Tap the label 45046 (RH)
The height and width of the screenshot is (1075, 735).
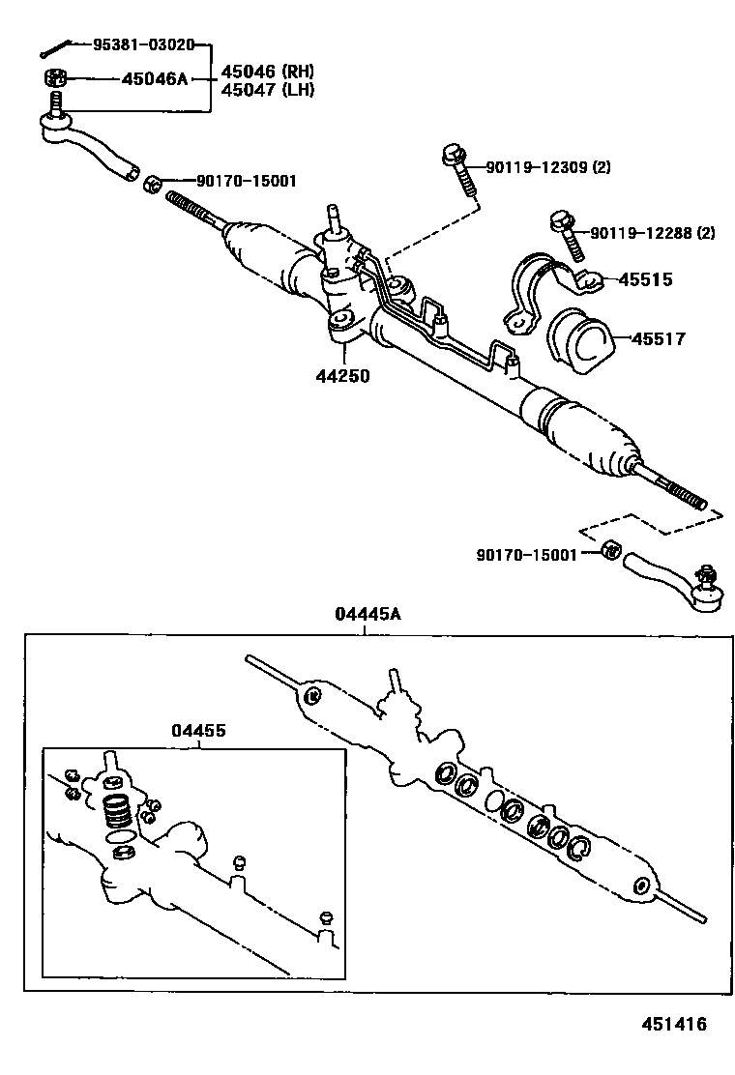click(268, 72)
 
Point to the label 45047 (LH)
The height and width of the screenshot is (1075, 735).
click(268, 90)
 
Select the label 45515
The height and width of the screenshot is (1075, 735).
click(645, 280)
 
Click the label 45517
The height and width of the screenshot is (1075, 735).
click(659, 338)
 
